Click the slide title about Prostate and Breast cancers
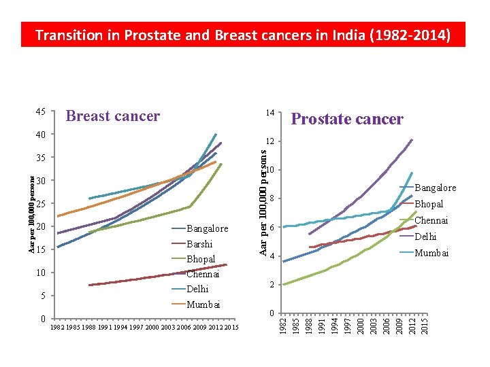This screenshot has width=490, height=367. pyautogui.click(x=242, y=35)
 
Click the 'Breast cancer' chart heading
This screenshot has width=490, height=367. pyautogui.click(x=112, y=116)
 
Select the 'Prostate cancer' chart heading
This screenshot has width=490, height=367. pyautogui.click(x=347, y=119)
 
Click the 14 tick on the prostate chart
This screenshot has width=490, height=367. pyautogui.click(x=270, y=112)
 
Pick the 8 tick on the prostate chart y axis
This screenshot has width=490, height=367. pyautogui.click(x=272, y=198)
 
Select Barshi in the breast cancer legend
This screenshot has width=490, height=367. pyautogui.click(x=199, y=244)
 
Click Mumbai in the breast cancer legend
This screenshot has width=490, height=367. pyautogui.click(x=203, y=304)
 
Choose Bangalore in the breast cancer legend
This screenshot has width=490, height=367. pyautogui.click(x=207, y=229)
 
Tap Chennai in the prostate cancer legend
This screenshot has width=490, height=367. pyautogui.click(x=431, y=220)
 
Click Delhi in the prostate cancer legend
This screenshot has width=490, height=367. pyautogui.click(x=425, y=237)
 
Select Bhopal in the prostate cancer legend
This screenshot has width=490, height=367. pyautogui.click(x=429, y=204)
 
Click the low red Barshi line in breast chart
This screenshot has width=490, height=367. pyautogui.click(x=157, y=275)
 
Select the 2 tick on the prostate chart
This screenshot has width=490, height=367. pyautogui.click(x=272, y=285)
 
